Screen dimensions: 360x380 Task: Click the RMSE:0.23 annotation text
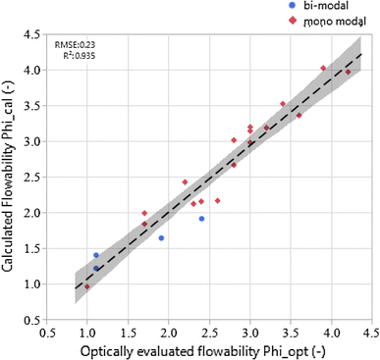click(76, 45)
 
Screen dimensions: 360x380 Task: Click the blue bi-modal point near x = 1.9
click(161, 238)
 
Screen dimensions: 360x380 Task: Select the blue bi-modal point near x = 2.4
click(201, 219)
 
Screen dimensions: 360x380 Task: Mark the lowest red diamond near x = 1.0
click(87, 287)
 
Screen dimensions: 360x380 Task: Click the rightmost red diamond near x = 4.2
click(349, 73)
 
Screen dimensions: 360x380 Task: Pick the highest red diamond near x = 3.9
click(323, 69)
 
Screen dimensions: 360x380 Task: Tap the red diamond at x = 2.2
click(185, 182)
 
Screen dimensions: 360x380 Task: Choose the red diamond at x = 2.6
click(217, 201)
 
